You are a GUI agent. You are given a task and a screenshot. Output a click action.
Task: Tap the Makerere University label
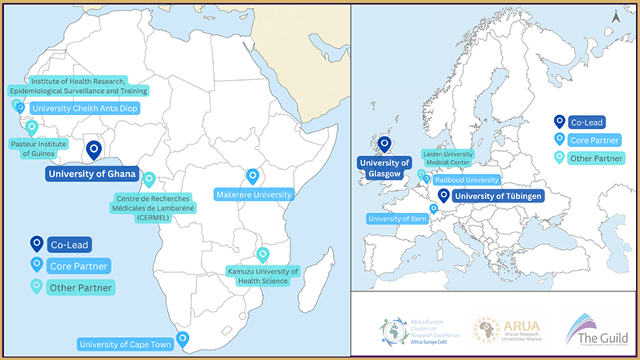tap(254, 194)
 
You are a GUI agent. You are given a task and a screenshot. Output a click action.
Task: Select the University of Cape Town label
tap(125, 344)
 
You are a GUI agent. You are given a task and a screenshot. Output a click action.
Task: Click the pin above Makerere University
tap(252, 176)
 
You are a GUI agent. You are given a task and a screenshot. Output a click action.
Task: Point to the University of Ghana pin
tap(94, 150)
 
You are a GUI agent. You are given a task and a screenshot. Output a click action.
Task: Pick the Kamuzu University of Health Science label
tap(263, 276)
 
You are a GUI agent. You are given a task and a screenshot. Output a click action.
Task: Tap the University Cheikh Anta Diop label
tap(79, 108)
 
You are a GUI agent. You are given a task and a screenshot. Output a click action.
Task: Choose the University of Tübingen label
tap(497, 196)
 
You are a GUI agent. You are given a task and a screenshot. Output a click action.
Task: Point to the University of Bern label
tap(398, 219)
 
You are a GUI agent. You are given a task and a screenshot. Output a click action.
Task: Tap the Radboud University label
tap(466, 180)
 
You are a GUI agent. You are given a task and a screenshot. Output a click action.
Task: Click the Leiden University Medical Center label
tap(447, 157)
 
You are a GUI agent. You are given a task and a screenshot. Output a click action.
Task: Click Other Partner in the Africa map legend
tap(80, 287)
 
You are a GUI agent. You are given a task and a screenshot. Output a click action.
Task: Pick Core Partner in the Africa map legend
tap(78, 265)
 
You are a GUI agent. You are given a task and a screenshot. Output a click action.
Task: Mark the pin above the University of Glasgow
tap(384, 144)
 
